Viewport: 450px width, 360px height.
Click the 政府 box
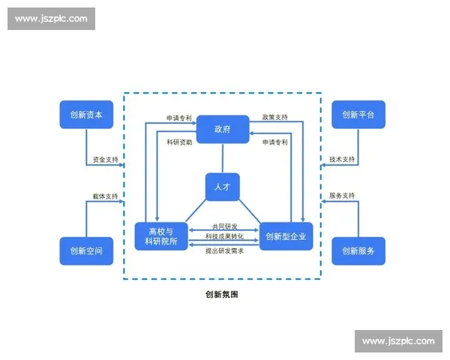223,129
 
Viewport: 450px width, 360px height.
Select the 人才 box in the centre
223,187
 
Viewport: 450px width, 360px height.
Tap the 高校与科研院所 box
161,236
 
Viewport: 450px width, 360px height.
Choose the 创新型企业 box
286,236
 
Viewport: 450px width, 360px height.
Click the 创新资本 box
86,115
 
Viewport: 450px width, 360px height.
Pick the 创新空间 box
86,250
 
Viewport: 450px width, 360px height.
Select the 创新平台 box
358,115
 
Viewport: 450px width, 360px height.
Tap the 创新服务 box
358,250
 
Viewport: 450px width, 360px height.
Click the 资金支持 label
106,160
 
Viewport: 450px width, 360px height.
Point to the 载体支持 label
106,196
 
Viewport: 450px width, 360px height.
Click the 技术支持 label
342,160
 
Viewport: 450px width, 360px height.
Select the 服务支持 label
342,196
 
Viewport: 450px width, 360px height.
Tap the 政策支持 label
274,118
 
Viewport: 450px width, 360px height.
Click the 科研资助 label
180,141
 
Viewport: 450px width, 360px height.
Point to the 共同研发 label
224,226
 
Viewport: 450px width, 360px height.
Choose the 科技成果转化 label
224,237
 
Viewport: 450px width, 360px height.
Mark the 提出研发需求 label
224,250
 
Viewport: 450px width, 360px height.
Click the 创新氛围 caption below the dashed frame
222,295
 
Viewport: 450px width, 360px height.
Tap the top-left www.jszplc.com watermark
51,19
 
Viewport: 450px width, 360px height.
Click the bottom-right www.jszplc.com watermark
398,341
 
